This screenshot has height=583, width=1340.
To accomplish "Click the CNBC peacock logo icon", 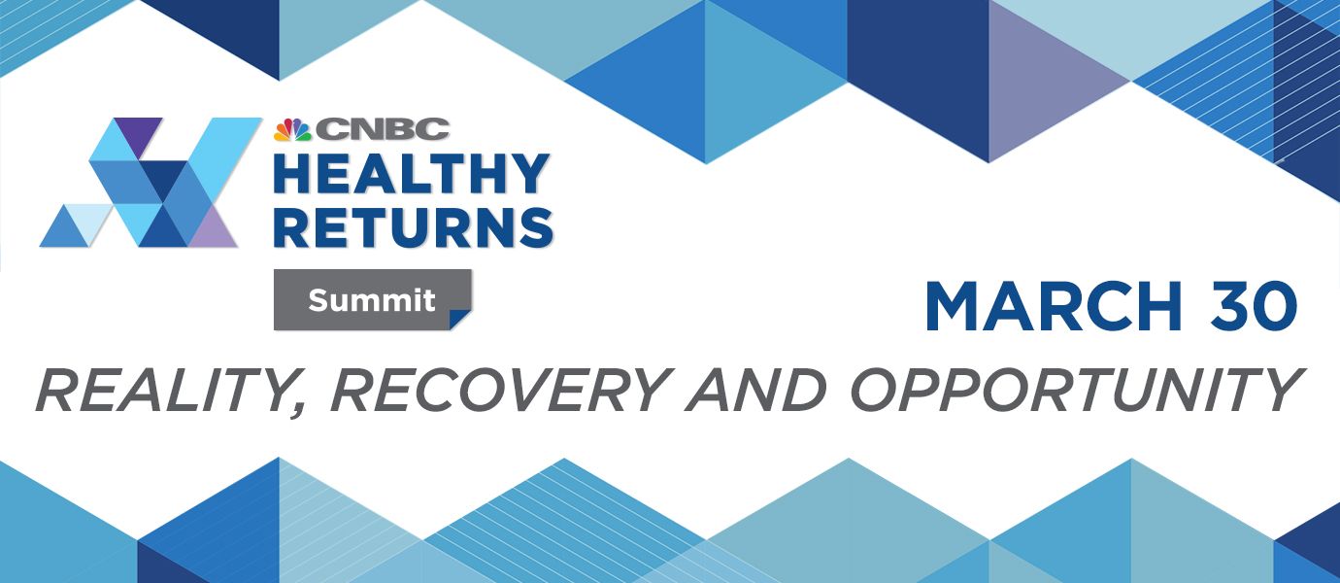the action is pos(292,130).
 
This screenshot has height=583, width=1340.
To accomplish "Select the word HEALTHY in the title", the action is pos(411,174).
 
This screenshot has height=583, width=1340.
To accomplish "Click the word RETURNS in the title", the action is pos(413,227).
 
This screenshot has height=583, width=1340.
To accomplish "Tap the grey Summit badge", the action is pos(373,300).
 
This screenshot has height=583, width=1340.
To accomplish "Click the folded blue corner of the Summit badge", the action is pos(460,319).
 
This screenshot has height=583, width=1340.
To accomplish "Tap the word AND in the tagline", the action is pos(755,389).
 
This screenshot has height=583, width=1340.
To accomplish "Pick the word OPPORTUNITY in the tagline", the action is pos(1077,389).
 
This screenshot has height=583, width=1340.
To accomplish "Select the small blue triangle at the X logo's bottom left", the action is pos(64,228).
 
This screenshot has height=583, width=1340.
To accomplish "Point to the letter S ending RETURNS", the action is pos(536,227).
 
